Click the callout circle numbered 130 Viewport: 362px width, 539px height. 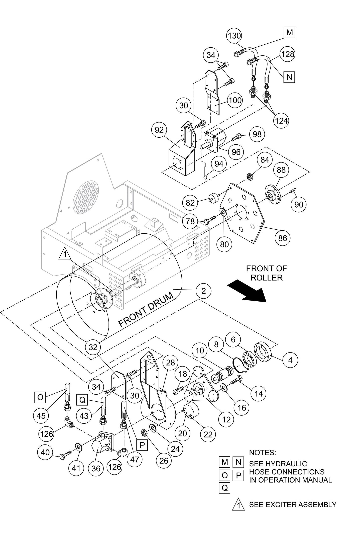pos(234,36)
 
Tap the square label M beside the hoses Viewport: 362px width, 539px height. pos(289,33)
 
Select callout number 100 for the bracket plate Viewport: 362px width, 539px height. pos(235,100)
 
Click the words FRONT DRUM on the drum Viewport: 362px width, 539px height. pos(146,310)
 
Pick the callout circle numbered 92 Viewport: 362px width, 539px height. pos(159,130)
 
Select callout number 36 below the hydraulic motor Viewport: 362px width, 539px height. pos(96,468)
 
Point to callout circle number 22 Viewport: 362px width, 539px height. pos(208,434)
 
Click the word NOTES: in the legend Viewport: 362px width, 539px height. pos(262,453)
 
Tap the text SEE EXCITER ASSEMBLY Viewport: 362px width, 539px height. pos(292,504)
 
